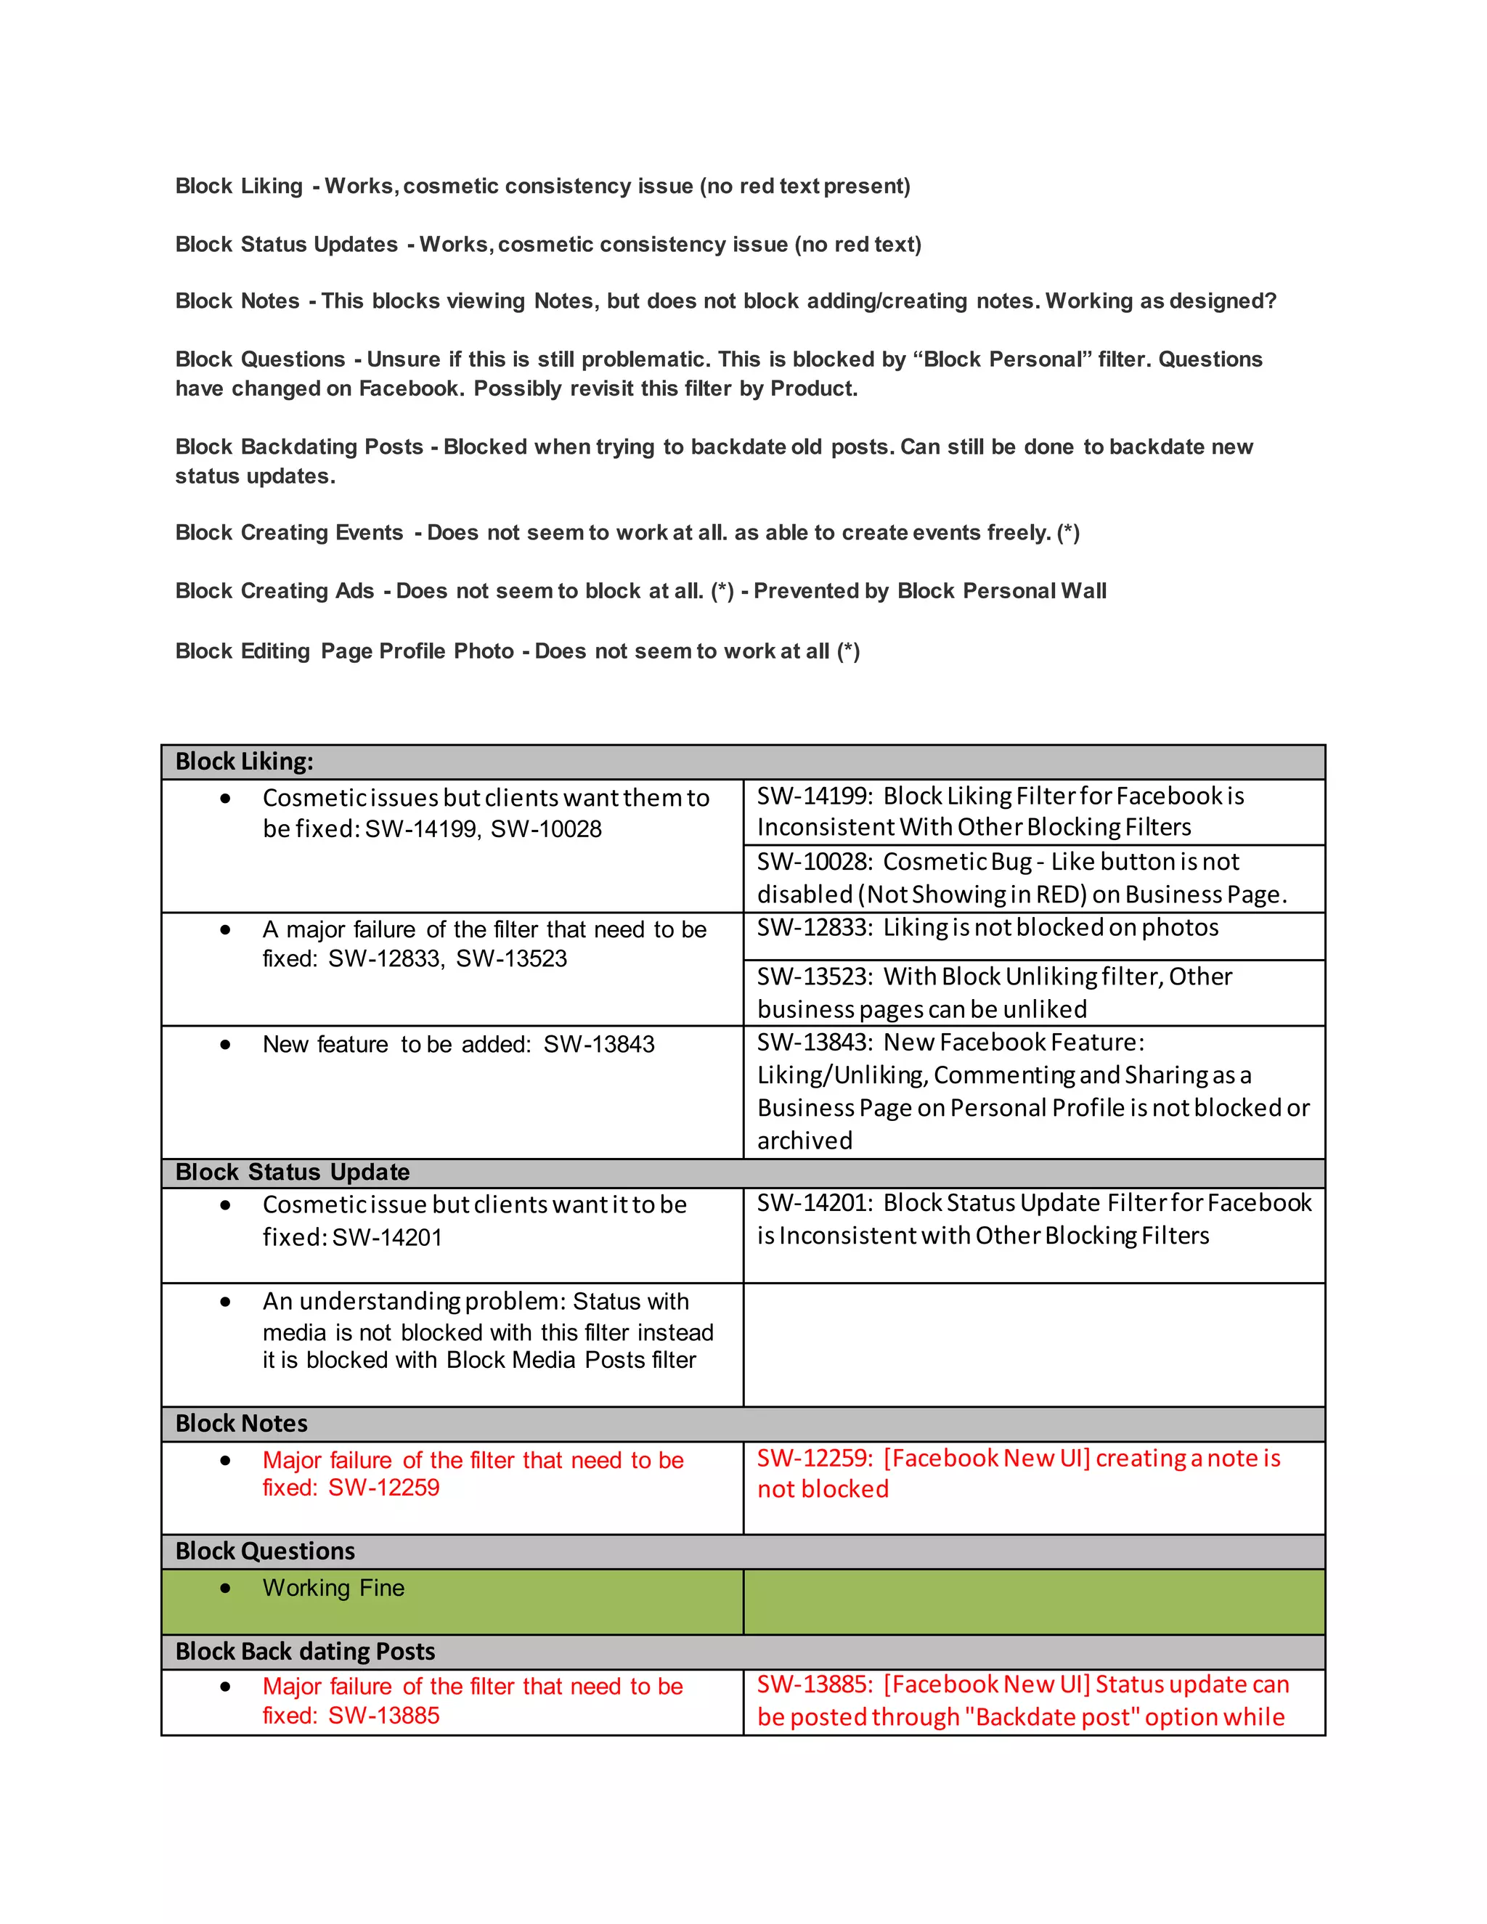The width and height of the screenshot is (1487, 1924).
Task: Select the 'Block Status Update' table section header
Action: [x=743, y=1173]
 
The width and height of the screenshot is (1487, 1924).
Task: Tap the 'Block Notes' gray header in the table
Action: [x=743, y=1424]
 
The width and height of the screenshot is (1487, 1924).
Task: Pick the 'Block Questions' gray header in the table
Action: [x=743, y=1552]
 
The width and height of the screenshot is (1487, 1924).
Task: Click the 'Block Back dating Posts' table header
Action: [x=743, y=1652]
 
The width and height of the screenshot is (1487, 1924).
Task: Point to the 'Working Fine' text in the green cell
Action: [x=333, y=1589]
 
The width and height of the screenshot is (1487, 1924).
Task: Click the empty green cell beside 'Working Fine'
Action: [x=1033, y=1602]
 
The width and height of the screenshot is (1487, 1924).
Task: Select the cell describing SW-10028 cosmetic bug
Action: [x=1033, y=879]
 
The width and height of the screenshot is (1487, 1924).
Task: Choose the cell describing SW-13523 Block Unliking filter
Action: [x=1033, y=992]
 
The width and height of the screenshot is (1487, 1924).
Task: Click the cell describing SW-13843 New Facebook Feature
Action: [x=1033, y=1091]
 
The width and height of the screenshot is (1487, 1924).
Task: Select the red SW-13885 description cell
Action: [x=1033, y=1701]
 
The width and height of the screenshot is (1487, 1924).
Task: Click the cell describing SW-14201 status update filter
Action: [x=1033, y=1220]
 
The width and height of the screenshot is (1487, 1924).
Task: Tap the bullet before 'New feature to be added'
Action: [x=227, y=1045]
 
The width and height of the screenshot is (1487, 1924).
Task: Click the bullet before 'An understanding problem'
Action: [x=227, y=1302]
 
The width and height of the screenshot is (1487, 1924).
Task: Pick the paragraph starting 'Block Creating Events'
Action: [x=627, y=533]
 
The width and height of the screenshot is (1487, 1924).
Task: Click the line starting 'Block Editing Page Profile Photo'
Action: [x=517, y=651]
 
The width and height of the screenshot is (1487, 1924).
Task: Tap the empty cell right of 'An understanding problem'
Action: [x=1033, y=1345]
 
